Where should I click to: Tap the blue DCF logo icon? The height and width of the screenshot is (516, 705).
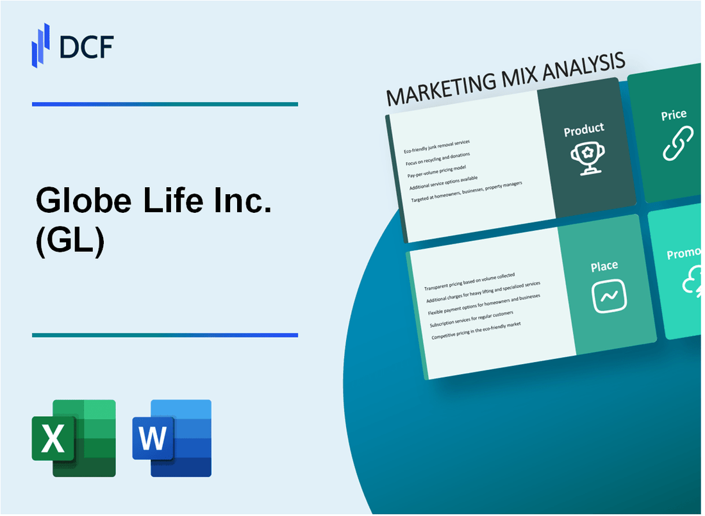[x=40, y=45]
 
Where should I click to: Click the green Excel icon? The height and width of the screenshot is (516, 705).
[x=74, y=438]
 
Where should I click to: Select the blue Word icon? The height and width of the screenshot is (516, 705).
[x=172, y=438]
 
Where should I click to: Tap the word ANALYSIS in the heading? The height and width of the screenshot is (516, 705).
[x=581, y=68]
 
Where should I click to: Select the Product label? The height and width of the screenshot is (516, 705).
[x=583, y=129]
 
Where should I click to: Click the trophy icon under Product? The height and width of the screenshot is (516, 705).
[x=585, y=157]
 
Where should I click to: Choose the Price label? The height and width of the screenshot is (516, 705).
[x=674, y=115]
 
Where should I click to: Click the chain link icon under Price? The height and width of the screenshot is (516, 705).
[x=677, y=143]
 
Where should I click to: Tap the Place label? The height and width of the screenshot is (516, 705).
[x=604, y=265]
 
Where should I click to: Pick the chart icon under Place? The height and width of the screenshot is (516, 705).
[x=609, y=296]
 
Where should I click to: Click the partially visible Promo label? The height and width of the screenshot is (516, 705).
[x=684, y=254]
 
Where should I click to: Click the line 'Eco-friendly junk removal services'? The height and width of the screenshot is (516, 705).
[x=436, y=146]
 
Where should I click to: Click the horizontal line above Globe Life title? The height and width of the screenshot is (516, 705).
[x=165, y=104]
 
